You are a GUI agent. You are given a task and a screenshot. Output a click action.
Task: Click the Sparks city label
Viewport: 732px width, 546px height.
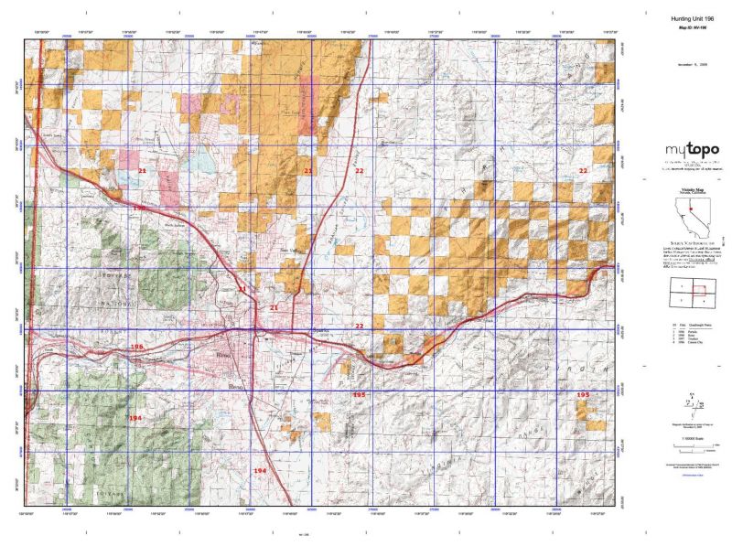tap(320, 330)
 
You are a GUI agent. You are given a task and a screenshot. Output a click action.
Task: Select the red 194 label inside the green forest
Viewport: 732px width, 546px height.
tap(135, 417)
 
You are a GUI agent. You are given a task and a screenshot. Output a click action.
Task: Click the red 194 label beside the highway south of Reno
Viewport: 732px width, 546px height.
tap(260, 470)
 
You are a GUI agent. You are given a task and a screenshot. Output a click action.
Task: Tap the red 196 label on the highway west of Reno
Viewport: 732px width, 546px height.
tap(137, 348)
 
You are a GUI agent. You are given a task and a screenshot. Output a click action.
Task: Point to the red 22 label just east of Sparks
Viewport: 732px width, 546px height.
tap(360, 326)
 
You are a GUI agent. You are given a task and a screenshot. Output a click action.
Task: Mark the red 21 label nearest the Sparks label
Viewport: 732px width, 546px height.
tap(274, 308)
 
